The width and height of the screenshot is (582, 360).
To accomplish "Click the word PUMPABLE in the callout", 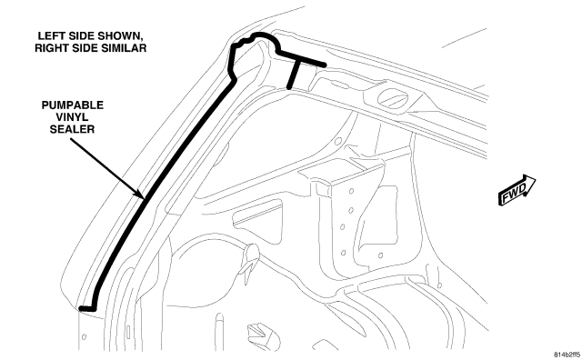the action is pyautogui.click(x=73, y=105).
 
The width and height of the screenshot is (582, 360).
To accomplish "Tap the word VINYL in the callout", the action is pyautogui.click(x=73, y=117).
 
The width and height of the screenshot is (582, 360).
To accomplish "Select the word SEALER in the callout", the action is pyautogui.click(x=73, y=129).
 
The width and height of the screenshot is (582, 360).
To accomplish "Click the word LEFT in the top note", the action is pyautogui.click(x=50, y=36).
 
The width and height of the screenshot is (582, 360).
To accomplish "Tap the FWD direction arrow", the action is pyautogui.click(x=517, y=190).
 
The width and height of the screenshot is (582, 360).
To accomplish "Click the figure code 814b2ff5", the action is pyautogui.click(x=567, y=355).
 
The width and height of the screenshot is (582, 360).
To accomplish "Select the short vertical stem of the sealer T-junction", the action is pyautogui.click(x=294, y=75).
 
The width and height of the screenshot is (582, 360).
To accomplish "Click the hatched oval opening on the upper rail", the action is pyautogui.click(x=392, y=98).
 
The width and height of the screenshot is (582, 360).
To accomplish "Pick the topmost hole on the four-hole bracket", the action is pyautogui.click(x=351, y=192).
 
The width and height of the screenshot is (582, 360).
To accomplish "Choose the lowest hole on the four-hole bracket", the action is pyautogui.click(x=344, y=253).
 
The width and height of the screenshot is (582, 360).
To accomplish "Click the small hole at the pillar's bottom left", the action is pyautogui.click(x=84, y=337).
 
